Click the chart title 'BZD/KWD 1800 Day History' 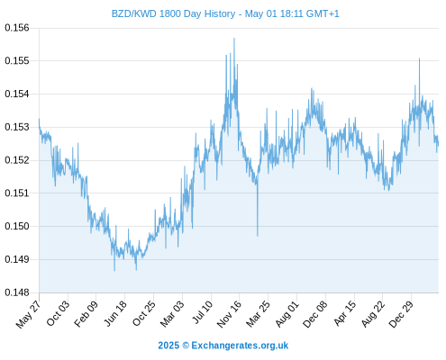tap(173, 13)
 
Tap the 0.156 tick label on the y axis tap(17, 28)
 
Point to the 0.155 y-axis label tap(17, 61)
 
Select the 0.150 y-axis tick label tap(17, 226)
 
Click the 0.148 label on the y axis tap(17, 292)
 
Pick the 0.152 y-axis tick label tap(17, 160)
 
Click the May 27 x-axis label tap(28, 314)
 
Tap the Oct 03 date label tap(58, 313)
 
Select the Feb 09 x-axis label tap(86, 313)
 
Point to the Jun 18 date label tap(115, 313)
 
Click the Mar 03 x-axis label tap(172, 314)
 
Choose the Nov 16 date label tap(229, 314)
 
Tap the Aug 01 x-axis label tap(287, 314)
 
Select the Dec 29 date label tap(401, 314)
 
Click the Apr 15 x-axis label tap(344, 313)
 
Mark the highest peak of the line tap(234, 38)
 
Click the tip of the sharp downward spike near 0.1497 tap(258, 236)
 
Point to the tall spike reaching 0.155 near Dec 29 tap(419, 58)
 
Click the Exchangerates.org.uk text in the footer tap(240, 346)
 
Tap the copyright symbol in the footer tap(186, 346)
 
